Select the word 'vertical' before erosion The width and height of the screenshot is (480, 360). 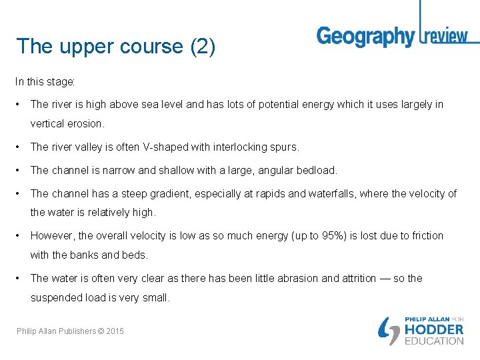tap(48, 123)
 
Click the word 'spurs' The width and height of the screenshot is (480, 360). tap(285, 147)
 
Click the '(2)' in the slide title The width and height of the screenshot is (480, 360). tap(203, 47)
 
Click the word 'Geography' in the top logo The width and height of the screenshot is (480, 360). tap(365, 36)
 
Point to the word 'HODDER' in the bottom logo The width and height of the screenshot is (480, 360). tap(434, 329)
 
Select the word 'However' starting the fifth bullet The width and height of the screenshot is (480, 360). tap(53, 235)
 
